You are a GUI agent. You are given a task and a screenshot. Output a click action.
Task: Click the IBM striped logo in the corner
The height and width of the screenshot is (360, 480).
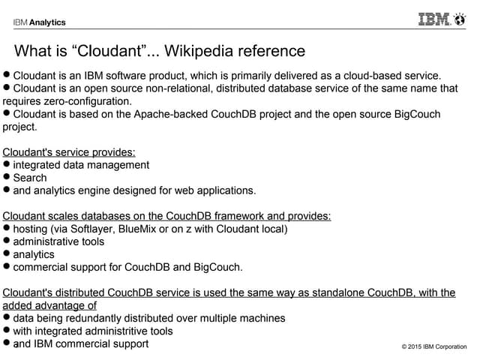[434, 19]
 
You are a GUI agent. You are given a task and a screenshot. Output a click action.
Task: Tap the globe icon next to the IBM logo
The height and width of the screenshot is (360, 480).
[460, 19]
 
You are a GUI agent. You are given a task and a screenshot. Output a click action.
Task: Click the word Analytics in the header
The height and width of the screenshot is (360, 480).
[47, 22]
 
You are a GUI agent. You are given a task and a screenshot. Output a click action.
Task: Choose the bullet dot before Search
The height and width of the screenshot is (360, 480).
[7, 177]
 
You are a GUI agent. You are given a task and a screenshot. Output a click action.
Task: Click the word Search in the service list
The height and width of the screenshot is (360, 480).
[30, 178]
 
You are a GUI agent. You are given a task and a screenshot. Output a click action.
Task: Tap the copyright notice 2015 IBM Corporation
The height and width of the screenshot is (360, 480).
[434, 346]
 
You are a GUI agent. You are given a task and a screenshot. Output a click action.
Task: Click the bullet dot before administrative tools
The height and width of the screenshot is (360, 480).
[7, 241]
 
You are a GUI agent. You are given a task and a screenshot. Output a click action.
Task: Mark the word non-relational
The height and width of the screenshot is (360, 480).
[178, 88]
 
